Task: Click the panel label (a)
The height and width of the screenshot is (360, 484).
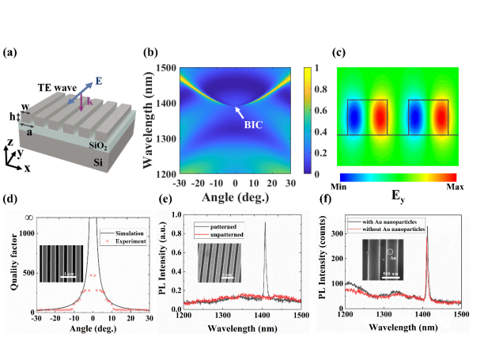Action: point(12,53)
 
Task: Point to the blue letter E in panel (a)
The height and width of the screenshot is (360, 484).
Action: point(100,78)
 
